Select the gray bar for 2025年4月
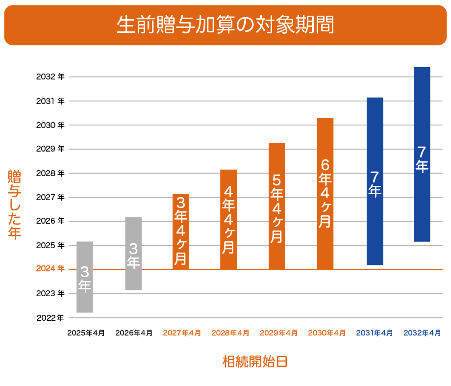point(85,277)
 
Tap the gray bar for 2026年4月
point(133,253)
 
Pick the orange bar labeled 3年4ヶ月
point(181,232)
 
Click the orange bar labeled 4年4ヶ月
point(228,219)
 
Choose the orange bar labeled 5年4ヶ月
point(277,206)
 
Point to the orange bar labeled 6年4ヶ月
point(325,194)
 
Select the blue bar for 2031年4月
point(375,181)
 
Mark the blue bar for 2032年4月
point(422,154)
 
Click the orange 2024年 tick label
point(50,269)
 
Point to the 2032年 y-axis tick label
point(50,77)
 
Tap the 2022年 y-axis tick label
point(50,317)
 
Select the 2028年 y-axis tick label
point(50,173)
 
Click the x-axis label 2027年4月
point(182,333)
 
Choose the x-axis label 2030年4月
point(327,333)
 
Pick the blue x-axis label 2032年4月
point(423,333)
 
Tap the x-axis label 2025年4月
point(86,333)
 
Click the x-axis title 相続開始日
point(254,362)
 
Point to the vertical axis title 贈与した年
point(15,205)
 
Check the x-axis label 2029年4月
point(278,333)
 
